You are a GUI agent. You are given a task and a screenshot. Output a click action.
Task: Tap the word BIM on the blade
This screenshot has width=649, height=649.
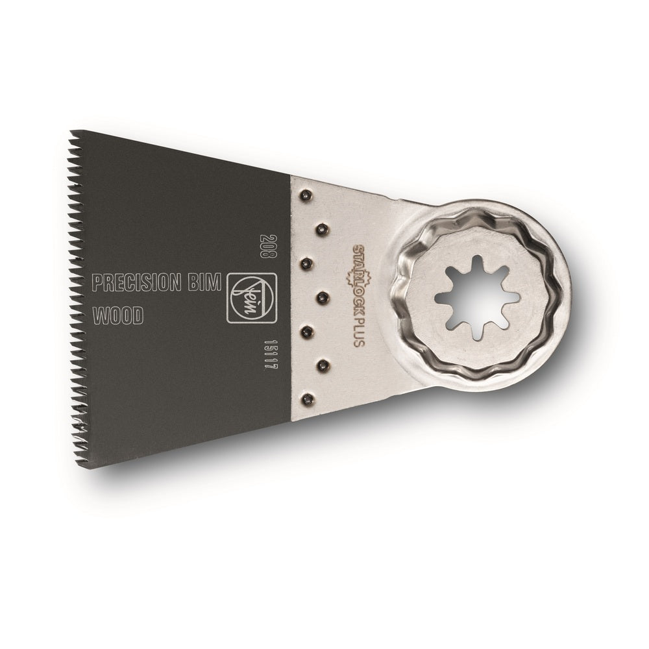[206, 284]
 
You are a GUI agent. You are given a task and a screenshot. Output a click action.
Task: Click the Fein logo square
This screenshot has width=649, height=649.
[247, 297]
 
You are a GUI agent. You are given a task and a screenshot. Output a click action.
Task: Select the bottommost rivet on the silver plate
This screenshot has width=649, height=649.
[307, 399]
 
